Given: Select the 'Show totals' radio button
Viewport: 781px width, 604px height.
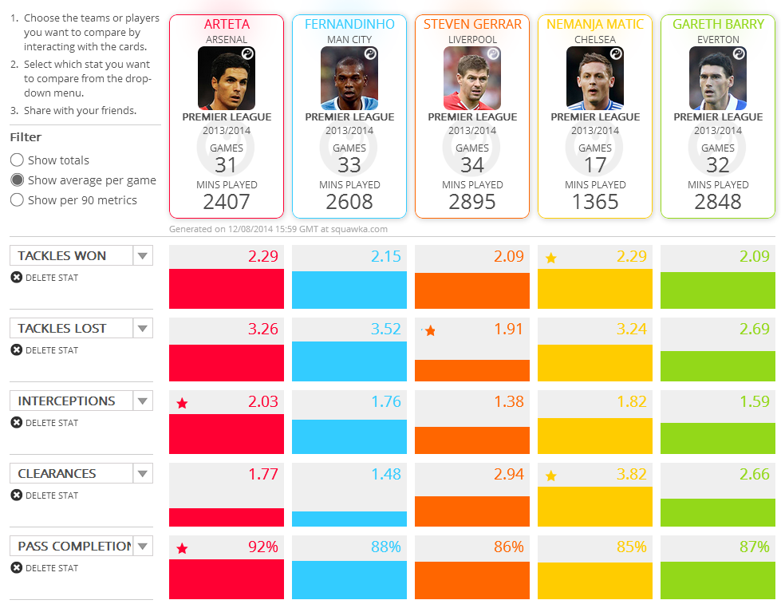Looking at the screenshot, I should click(17, 160).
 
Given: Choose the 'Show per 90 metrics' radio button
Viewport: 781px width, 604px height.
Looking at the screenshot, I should click(17, 200).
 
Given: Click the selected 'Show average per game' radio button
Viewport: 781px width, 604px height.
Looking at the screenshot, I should click(17, 180).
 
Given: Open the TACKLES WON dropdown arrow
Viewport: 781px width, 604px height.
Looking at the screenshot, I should click(143, 256).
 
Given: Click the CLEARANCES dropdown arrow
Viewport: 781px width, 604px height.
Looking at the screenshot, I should click(143, 474).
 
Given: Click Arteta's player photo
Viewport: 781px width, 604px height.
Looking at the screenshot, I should click(227, 78).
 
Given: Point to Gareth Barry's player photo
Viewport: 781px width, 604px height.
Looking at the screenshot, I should click(718, 78).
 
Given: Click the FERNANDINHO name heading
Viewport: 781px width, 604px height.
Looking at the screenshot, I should click(349, 25).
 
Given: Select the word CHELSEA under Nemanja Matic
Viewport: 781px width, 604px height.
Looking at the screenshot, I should click(595, 40).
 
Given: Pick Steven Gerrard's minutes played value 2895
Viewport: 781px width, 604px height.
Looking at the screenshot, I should click(472, 202).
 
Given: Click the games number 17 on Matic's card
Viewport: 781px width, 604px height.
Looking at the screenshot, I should click(595, 165).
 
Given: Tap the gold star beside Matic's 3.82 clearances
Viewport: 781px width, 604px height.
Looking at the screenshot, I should click(550, 476).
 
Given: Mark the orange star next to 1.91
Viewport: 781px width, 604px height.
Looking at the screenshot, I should click(430, 331).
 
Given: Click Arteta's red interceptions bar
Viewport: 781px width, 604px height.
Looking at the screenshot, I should click(227, 434).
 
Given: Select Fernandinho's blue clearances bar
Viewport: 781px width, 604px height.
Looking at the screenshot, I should click(349, 519).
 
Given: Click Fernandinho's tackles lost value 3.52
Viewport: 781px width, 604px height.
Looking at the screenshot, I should click(385, 329).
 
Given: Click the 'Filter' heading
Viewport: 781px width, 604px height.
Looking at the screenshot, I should click(26, 137).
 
